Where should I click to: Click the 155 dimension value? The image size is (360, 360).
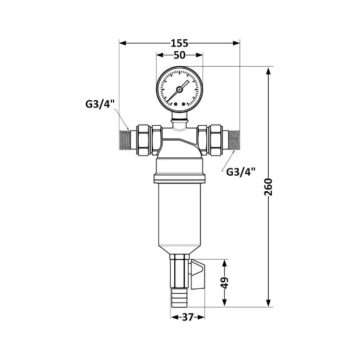point(180,43)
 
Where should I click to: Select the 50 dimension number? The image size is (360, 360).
point(180,55)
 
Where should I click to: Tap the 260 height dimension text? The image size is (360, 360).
point(268,187)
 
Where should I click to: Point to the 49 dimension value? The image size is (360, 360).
point(225,283)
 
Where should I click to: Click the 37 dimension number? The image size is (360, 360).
point(188,317)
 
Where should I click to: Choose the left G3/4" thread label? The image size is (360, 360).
point(100,105)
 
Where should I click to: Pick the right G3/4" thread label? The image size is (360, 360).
point(241,171)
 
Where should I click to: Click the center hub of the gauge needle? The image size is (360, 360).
point(179,89)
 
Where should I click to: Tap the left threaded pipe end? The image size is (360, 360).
point(125,140)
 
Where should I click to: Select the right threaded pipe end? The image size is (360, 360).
point(234,140)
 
